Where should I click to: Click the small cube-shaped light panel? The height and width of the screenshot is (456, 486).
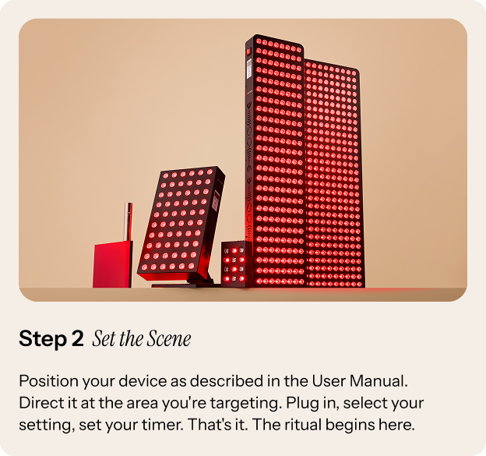coord(237,263)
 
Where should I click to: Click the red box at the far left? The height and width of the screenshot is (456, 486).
coord(112,265)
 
